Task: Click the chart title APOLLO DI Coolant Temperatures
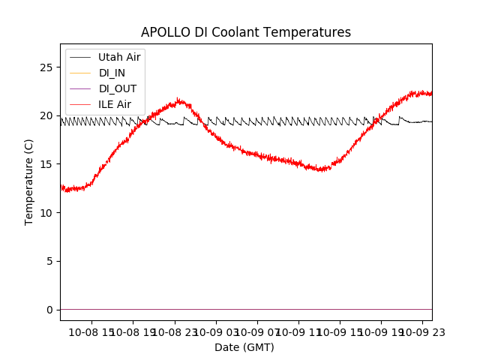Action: (x=246, y=32)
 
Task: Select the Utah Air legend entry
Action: (x=119, y=57)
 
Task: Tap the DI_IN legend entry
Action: (x=112, y=73)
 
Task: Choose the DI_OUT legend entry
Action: (x=118, y=88)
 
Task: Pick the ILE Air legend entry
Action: (x=115, y=104)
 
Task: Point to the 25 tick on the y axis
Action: (x=46, y=67)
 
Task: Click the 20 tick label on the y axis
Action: (x=46, y=115)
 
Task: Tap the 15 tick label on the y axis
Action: (x=46, y=164)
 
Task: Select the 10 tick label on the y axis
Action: (x=46, y=213)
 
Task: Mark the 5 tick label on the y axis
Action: (x=49, y=261)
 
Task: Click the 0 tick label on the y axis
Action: (x=49, y=310)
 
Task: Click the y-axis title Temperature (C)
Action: (x=29, y=182)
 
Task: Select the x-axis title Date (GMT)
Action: (x=244, y=347)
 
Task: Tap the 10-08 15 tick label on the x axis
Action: (x=91, y=331)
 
